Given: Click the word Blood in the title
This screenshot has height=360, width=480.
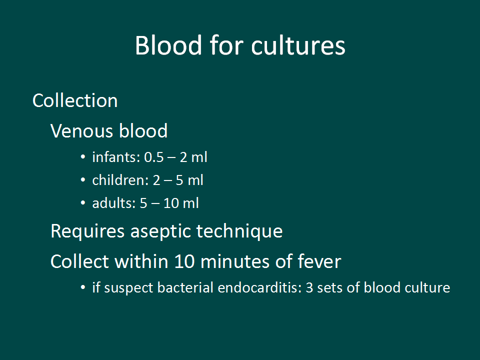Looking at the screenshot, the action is [168, 45].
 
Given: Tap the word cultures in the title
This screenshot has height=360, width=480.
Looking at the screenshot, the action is [298, 45].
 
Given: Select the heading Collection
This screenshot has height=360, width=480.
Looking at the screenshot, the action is [75, 100].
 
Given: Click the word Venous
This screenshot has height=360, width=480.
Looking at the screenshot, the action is [82, 131].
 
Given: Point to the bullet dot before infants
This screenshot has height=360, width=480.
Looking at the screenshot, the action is [82, 157].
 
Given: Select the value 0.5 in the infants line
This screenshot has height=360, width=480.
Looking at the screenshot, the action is [153, 157].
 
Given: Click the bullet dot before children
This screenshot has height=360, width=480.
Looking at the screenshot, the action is [82, 180].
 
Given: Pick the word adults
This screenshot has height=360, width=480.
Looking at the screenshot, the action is [114, 203].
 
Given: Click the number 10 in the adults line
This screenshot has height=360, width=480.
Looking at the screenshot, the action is [171, 203].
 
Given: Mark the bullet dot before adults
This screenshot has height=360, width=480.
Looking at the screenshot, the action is [82, 203].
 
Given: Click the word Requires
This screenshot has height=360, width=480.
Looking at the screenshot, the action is [87, 231].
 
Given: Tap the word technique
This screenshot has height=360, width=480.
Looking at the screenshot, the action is [239, 231].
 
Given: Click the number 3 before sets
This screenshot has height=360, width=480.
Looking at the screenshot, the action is [309, 288].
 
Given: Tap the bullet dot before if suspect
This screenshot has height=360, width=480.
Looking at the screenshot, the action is [82, 287].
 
